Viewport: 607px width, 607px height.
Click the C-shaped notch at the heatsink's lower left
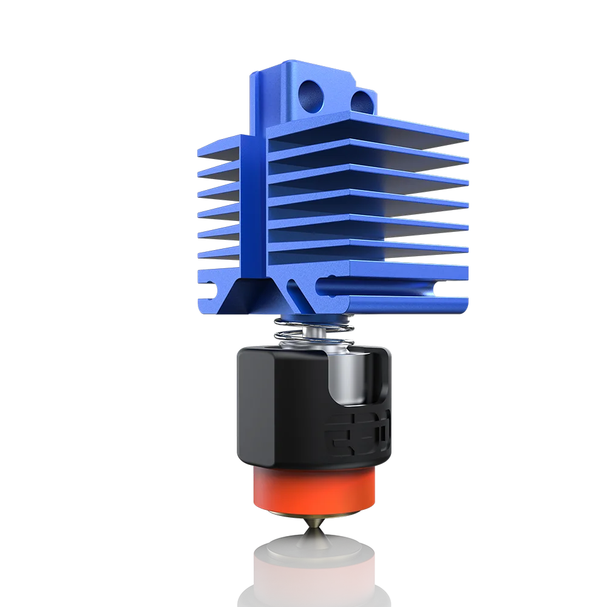[x=209, y=285]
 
